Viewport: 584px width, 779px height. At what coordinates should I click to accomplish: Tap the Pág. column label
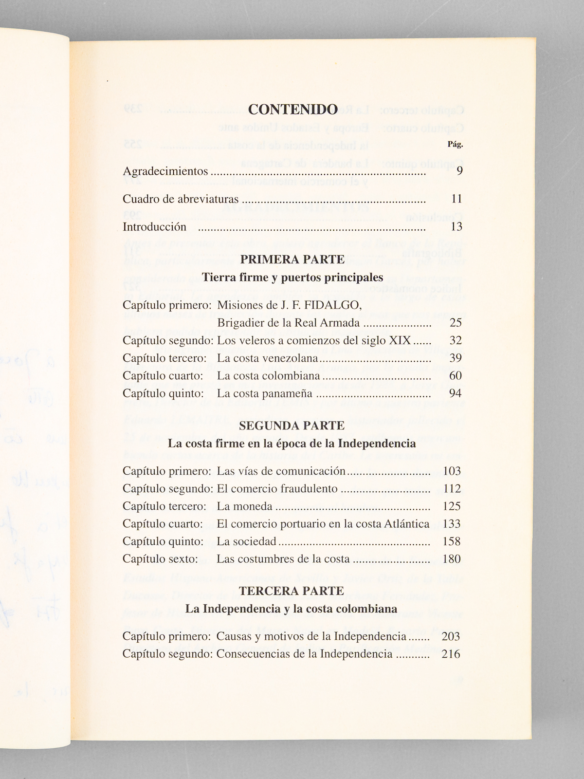[455, 144]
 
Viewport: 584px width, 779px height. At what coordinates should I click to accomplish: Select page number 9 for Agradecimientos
[459, 171]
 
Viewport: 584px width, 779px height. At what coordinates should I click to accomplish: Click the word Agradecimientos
[165, 171]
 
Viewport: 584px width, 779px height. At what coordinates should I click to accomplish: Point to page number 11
[456, 199]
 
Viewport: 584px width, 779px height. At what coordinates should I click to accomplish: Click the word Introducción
[154, 227]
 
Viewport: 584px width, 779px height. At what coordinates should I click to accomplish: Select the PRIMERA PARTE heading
[292, 260]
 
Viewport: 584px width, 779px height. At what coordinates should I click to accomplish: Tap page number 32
[455, 340]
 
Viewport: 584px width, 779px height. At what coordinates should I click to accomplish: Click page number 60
[455, 376]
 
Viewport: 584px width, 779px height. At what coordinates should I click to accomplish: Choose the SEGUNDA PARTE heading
[292, 426]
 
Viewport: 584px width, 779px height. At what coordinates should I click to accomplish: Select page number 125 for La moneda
[452, 506]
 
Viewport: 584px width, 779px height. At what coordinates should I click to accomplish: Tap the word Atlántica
[408, 524]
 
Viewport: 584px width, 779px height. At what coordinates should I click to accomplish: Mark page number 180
[452, 559]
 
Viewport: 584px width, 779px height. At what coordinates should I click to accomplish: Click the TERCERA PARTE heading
[292, 591]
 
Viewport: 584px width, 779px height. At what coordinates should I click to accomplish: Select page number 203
[451, 636]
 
